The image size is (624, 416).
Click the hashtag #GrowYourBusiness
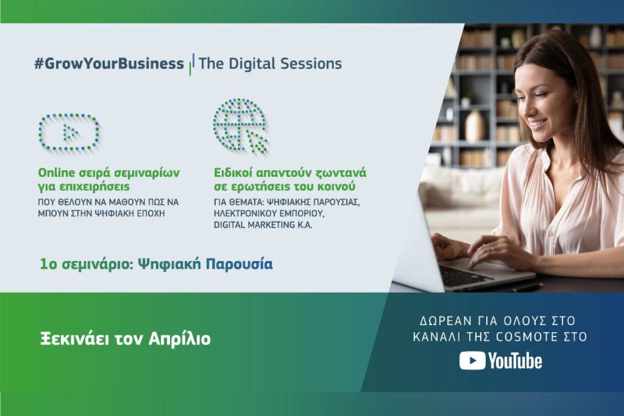point(109,63)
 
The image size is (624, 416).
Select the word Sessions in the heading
point(311,63)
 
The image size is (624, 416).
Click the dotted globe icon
point(240,125)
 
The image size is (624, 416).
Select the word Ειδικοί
point(232,173)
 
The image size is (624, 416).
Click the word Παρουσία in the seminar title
point(239,265)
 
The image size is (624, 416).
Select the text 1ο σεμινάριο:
point(87,265)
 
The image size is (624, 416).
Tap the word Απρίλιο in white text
point(179,340)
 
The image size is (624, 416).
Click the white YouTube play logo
point(472,360)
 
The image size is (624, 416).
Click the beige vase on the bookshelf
point(474,127)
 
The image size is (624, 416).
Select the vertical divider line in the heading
point(192,64)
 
